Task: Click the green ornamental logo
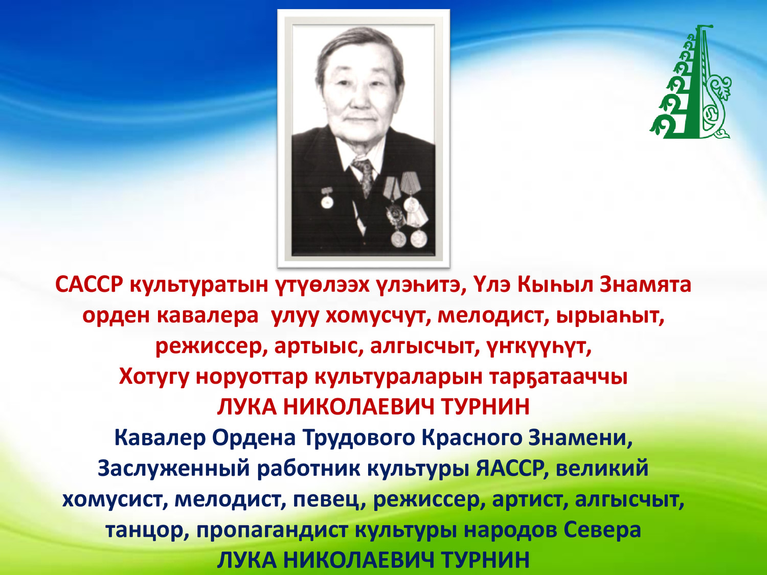click(690, 82)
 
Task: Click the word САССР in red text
click(89, 285)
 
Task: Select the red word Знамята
click(645, 285)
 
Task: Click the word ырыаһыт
click(610, 316)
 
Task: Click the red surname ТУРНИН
click(485, 407)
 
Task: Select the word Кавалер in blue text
click(160, 438)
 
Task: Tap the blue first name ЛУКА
click(247, 561)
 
